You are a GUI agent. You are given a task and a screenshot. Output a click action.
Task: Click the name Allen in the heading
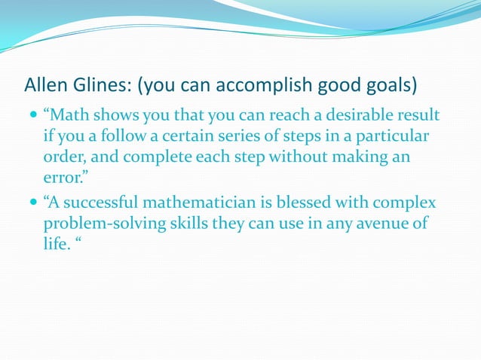point(46,82)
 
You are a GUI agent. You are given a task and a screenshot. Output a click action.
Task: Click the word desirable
point(337,116)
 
